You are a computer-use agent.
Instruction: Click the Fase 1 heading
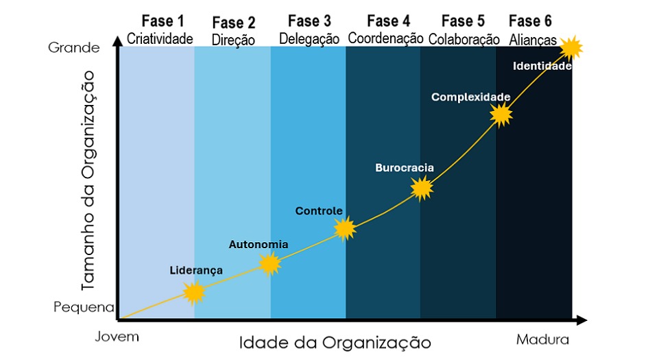[163, 21]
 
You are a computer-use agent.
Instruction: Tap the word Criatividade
[160, 38]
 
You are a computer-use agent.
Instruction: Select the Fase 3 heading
[309, 21]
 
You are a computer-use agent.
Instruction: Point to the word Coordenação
[385, 38]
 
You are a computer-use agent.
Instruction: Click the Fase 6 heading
[530, 21]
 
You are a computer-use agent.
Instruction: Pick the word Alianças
[533, 40]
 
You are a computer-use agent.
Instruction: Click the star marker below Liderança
[194, 293]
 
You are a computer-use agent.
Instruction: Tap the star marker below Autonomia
[270, 264]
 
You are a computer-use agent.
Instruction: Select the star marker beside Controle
[345, 228]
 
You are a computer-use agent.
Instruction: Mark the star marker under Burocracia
[422, 188]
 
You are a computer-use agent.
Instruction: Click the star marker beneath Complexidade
[501, 115]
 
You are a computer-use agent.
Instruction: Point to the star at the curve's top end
[571, 47]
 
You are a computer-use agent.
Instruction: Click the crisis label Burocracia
[405, 167]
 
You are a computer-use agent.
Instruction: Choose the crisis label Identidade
[542, 66]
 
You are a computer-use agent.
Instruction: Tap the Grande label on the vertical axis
[74, 47]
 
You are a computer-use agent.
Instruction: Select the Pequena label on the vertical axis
[84, 307]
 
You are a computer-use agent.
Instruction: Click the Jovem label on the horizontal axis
[117, 337]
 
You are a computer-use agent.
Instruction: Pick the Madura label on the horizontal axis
[542, 339]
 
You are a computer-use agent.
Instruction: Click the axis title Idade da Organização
[335, 342]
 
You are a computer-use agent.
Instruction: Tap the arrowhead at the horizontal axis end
[581, 320]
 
